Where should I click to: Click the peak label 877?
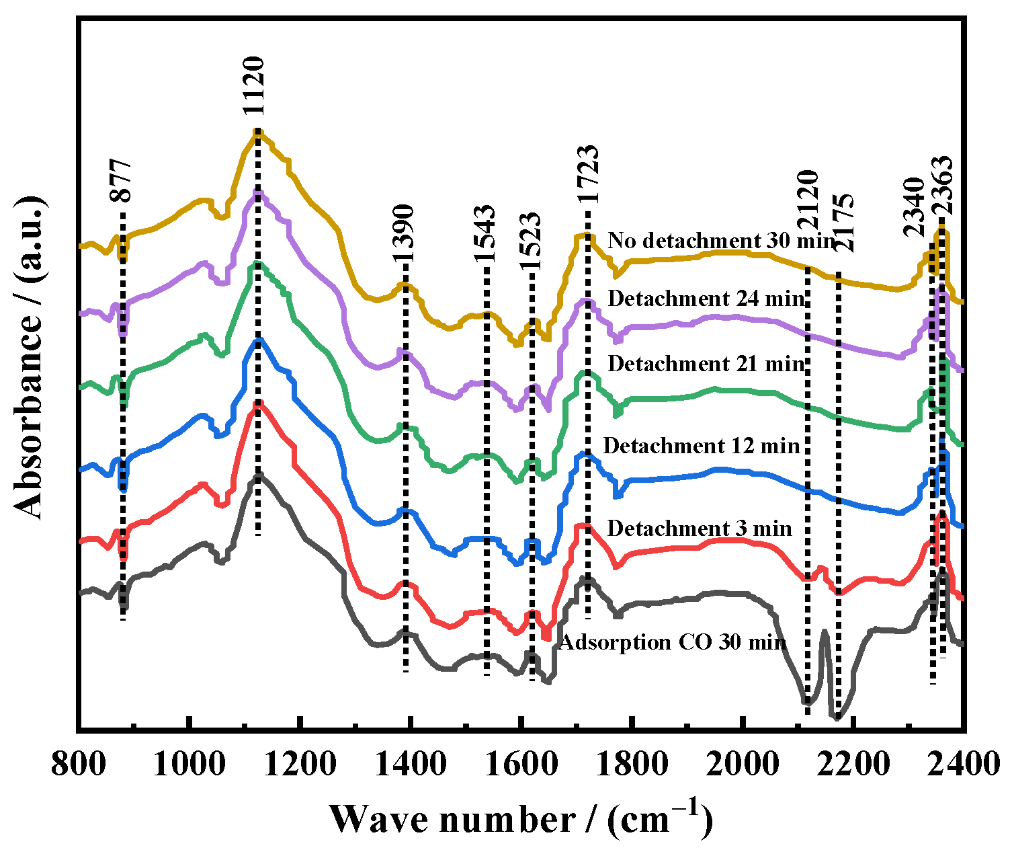coord(122,182)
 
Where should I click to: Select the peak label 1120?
coord(255,87)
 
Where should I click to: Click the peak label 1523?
coord(531,241)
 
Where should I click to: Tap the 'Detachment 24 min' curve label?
coord(706,299)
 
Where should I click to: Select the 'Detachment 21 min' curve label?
coord(706,364)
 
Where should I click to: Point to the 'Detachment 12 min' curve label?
coord(702,446)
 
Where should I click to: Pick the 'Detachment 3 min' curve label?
coord(699,529)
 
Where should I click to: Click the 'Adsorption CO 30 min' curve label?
coord(672,642)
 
